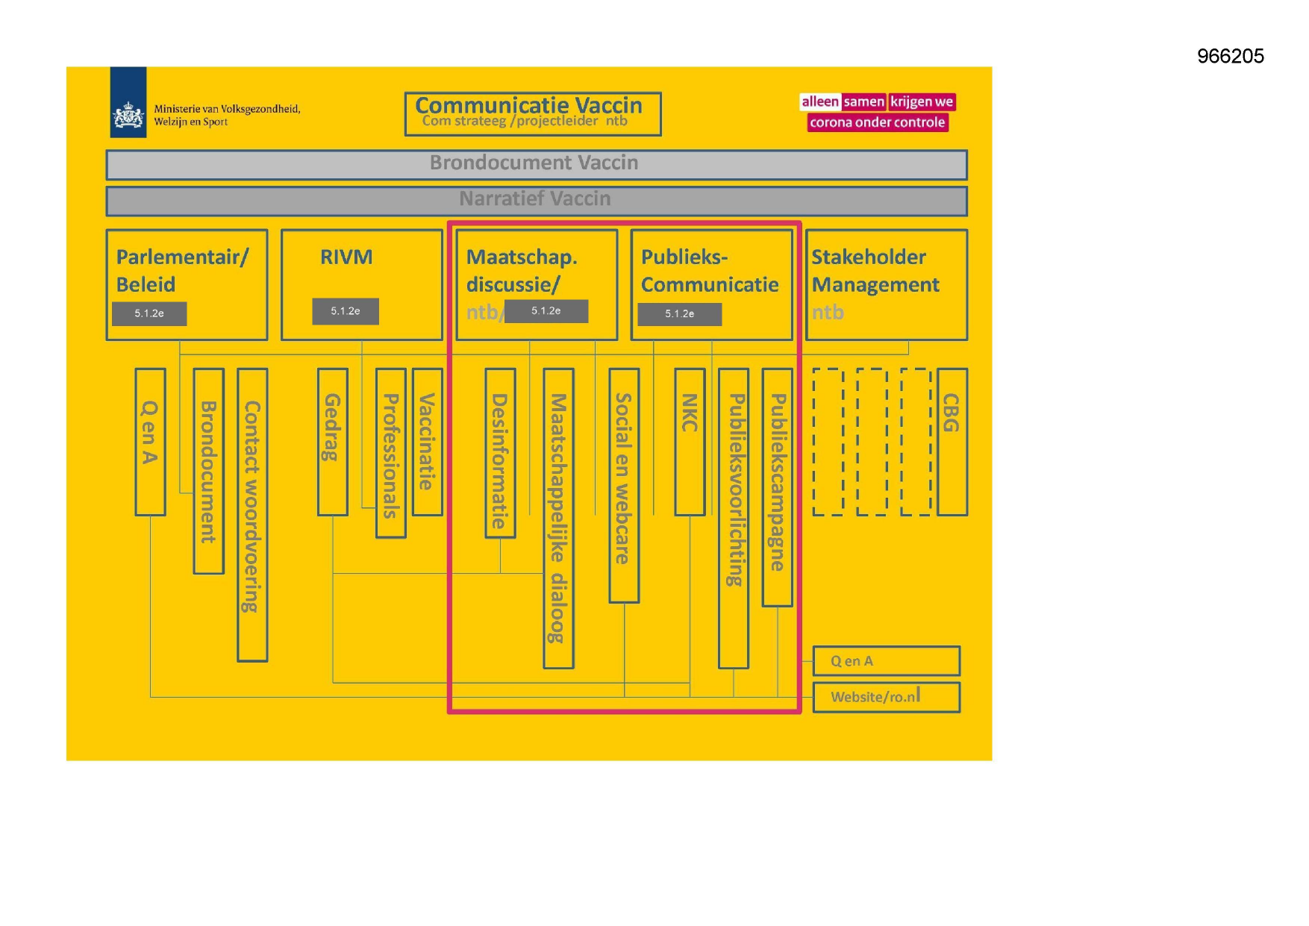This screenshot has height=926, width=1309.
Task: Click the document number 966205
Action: click(1230, 56)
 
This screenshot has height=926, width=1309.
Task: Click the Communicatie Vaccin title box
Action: click(532, 113)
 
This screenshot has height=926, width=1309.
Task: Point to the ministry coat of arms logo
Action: click(128, 116)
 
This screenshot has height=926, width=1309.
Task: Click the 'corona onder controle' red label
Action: click(877, 122)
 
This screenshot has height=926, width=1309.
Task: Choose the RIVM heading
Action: click(346, 257)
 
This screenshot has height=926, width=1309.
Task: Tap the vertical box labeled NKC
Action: click(690, 441)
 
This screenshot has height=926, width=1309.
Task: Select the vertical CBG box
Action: click(952, 441)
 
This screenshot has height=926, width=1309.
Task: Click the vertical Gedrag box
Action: click(332, 441)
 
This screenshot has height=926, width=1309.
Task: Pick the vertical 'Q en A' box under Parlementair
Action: click(150, 441)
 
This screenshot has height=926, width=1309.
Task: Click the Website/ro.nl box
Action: click(886, 697)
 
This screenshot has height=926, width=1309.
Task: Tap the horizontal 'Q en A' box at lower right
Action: click(886, 661)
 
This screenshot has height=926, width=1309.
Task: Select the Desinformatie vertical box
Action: click(500, 452)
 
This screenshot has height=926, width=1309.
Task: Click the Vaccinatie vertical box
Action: click(427, 441)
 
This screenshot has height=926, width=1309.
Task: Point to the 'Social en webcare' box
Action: click(624, 484)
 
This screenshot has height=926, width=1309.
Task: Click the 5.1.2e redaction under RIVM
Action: click(346, 311)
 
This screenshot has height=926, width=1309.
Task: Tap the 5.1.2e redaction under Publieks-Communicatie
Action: click(679, 314)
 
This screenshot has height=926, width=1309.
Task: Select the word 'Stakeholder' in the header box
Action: click(869, 257)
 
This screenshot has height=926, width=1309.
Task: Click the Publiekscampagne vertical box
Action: click(777, 487)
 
